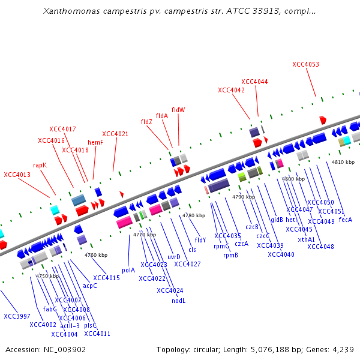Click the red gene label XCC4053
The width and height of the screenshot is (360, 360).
pyautogui.click(x=305, y=64)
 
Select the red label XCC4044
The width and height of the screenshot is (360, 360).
pyautogui.click(x=254, y=82)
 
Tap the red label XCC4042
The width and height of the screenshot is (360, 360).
pyautogui.click(x=231, y=90)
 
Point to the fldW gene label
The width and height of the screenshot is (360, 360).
pyautogui.click(x=178, y=110)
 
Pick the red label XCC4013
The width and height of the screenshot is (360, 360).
pyautogui.click(x=17, y=175)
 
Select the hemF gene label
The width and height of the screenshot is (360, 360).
pyautogui.click(x=95, y=142)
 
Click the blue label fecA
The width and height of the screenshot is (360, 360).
pyautogui.click(x=346, y=220)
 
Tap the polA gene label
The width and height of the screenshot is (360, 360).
pyautogui.click(x=128, y=270)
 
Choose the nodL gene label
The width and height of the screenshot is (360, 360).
pyautogui.click(x=178, y=301)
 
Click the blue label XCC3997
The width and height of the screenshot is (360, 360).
pyautogui.click(x=17, y=316)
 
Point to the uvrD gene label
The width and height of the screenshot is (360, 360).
pyautogui.click(x=174, y=257)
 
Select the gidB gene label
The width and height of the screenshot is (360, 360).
pyautogui.click(x=277, y=220)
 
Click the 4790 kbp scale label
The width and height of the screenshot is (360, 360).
pyautogui.click(x=244, y=197)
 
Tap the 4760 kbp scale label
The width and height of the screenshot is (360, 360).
pyautogui.click(x=96, y=255)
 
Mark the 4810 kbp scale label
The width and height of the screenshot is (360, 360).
pyautogui.click(x=343, y=162)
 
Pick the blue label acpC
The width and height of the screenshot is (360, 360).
pyautogui.click(x=90, y=286)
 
